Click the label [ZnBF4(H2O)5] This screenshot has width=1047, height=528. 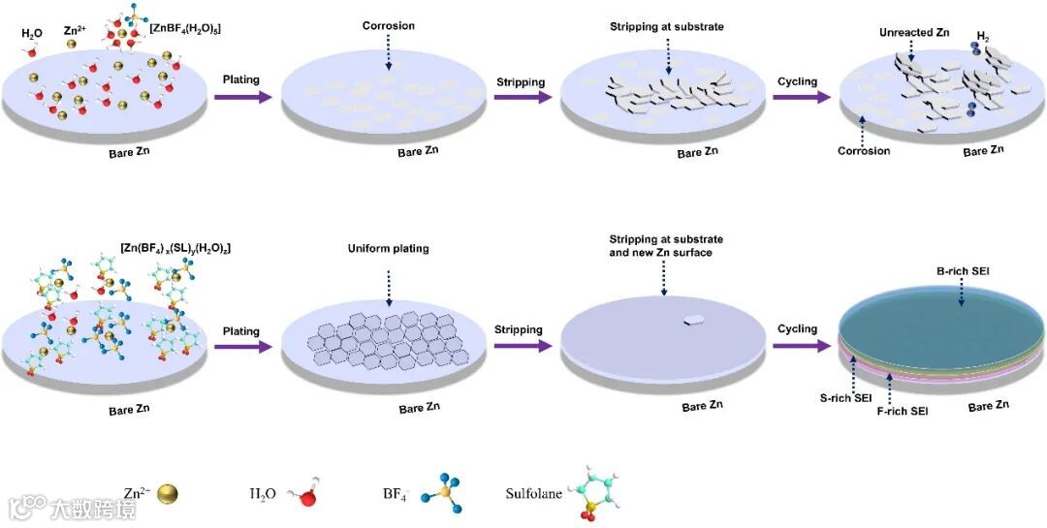pyautogui.click(x=184, y=29)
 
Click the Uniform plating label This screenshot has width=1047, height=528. pyautogui.click(x=388, y=249)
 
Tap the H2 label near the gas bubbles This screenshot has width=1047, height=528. pyautogui.click(x=983, y=37)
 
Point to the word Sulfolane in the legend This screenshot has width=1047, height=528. pyautogui.click(x=534, y=493)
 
